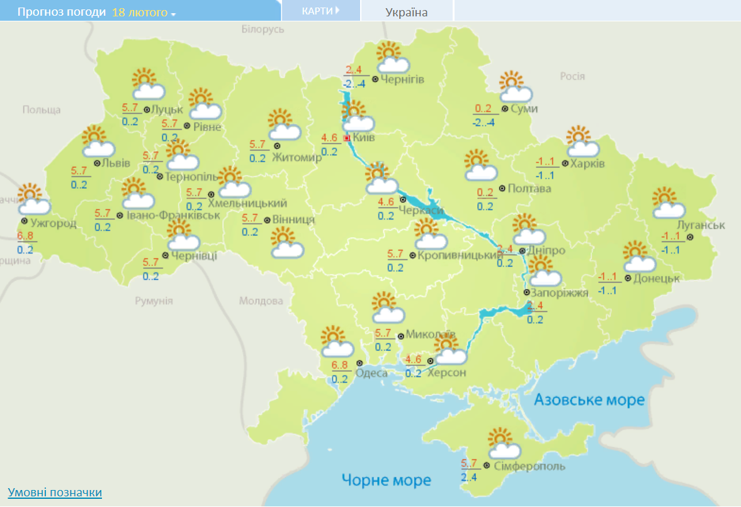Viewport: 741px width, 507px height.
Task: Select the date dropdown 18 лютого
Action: click(144, 13)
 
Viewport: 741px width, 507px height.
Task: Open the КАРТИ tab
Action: click(320, 11)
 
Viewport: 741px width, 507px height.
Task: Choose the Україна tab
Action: click(406, 13)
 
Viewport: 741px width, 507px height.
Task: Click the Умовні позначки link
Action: click(55, 492)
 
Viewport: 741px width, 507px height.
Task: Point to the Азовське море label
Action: click(589, 400)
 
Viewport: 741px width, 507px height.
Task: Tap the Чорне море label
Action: click(387, 480)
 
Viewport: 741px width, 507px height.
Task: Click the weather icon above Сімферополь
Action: click(503, 443)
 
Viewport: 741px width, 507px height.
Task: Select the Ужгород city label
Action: click(53, 223)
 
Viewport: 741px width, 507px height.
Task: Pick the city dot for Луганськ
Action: click(690, 237)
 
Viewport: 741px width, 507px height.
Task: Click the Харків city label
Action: click(587, 164)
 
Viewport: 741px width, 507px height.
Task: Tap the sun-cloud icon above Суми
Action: click(515, 87)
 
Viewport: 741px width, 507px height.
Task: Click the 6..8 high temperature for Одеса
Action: click(340, 365)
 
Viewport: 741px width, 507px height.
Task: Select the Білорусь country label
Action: click(263, 29)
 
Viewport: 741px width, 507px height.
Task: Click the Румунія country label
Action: click(154, 301)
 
